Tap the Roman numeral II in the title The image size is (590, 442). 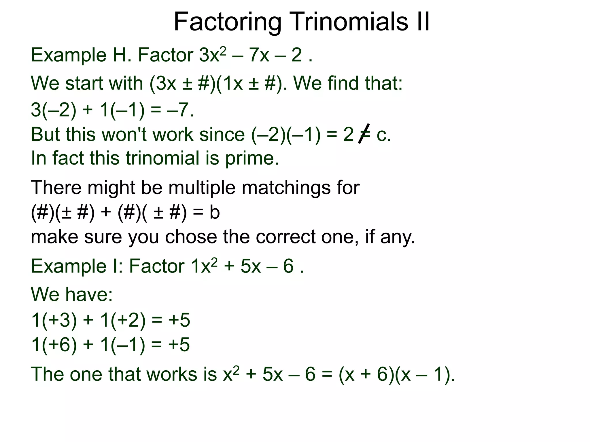(422, 22)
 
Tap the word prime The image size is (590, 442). (251, 159)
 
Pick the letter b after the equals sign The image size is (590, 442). (214, 212)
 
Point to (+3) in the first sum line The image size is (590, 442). (59, 320)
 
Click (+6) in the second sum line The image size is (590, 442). (59, 345)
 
